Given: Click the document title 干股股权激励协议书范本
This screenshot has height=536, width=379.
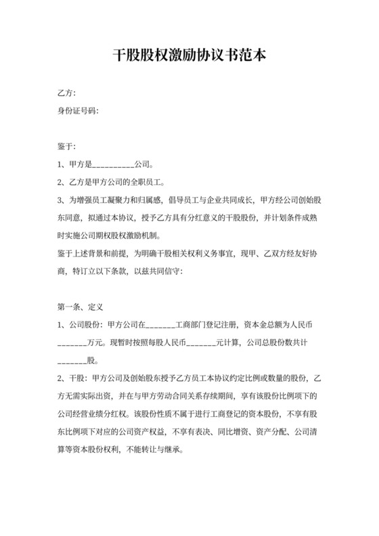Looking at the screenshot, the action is [189, 55].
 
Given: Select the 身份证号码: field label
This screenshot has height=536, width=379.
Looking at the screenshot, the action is [79, 110].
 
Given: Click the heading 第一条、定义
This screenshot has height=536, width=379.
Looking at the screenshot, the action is [79, 307].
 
